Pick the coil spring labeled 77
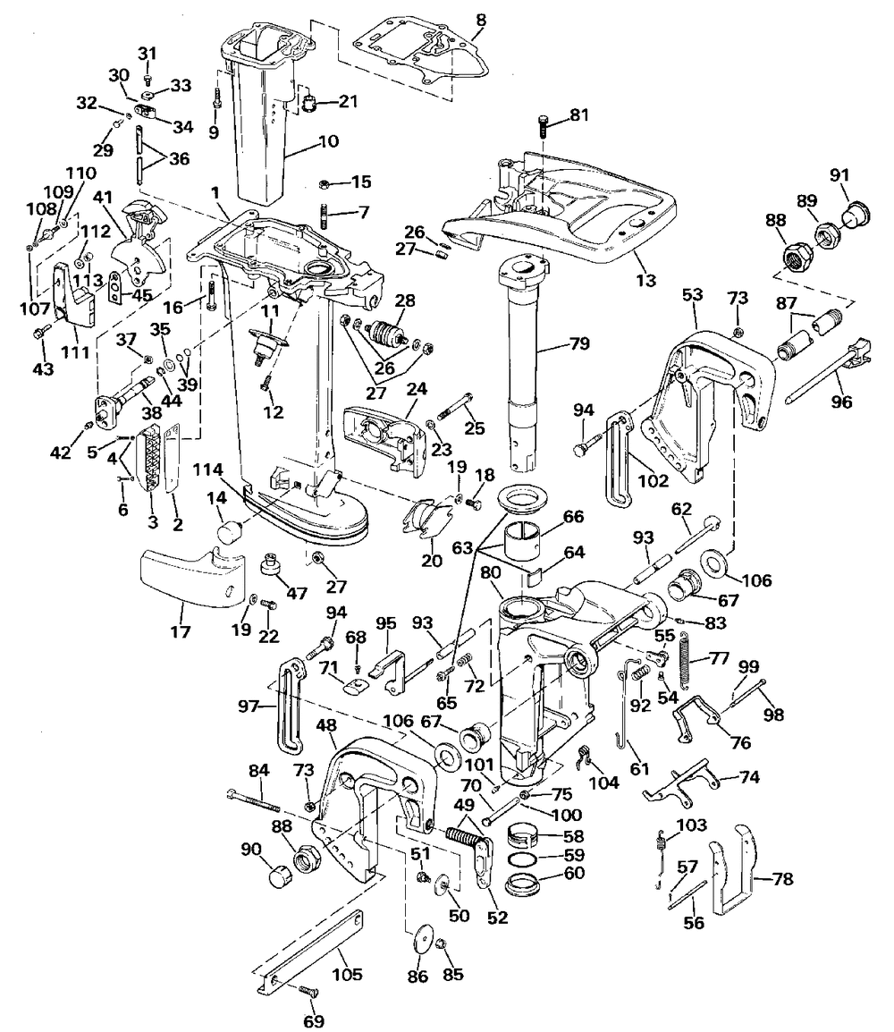(x=687, y=661)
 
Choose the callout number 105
(x=350, y=975)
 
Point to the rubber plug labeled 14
(x=230, y=533)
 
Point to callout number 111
(x=75, y=351)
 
